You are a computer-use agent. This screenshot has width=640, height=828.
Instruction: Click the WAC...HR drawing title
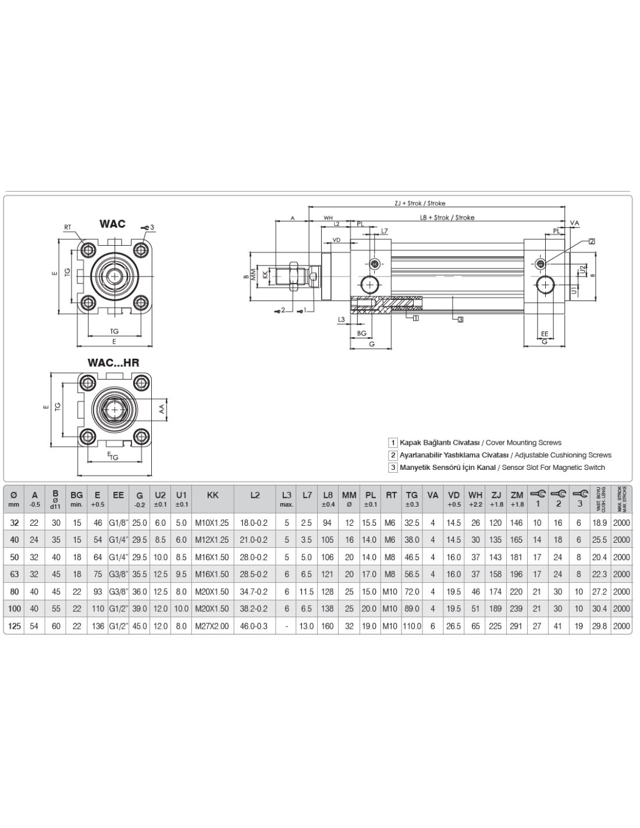pos(113,363)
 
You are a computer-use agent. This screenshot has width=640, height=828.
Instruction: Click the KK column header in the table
pos(212,496)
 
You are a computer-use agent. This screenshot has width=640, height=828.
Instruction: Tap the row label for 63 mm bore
pos(15,574)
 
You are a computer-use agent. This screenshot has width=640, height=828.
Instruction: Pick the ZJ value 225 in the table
pos(496,626)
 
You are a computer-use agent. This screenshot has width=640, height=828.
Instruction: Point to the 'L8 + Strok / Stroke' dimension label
pos(447,218)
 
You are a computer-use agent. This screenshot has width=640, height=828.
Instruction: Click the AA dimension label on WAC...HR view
pos(163,409)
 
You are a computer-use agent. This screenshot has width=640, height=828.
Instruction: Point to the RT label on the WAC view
pos(69,228)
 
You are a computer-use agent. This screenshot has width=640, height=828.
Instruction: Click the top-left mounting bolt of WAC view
pos(88,250)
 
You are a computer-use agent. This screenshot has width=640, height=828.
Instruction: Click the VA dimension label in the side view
pos(575,223)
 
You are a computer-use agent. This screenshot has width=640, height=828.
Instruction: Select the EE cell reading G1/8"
pos(119,523)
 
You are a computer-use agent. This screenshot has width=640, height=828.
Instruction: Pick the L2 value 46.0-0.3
pos(254,626)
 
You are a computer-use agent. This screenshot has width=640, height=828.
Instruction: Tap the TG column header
pos(411,496)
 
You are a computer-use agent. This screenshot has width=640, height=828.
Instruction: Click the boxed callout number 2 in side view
pos(592,241)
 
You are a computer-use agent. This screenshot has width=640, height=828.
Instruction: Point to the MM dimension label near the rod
pos(254,274)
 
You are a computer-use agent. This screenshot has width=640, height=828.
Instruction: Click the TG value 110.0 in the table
pos(411,626)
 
